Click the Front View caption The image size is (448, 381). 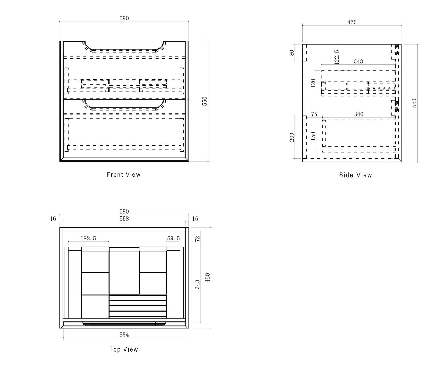tap(124, 174)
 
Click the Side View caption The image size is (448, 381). tap(355, 175)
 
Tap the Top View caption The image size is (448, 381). tap(124, 349)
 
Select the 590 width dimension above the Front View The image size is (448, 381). tap(124, 18)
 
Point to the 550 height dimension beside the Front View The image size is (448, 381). tap(205, 101)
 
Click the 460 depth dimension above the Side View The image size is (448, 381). tap(352, 22)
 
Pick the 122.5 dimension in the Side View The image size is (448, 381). tap(336, 57)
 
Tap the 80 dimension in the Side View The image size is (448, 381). tap(292, 52)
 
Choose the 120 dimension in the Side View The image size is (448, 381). tap(313, 83)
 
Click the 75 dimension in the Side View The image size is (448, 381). tap(314, 114)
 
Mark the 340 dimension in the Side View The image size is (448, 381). tap(358, 114)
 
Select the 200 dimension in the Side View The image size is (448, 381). tap(292, 137)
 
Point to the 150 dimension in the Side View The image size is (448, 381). tap(313, 136)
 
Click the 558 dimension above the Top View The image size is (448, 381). tap(124, 219)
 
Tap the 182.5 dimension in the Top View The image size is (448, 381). tap(88, 238)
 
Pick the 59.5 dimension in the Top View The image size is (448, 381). tap(173, 238)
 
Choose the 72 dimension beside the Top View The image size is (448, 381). tap(197, 239)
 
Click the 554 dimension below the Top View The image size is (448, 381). tap(124, 335)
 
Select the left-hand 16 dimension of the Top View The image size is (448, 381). tap(53, 219)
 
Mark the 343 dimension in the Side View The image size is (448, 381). tap(358, 61)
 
